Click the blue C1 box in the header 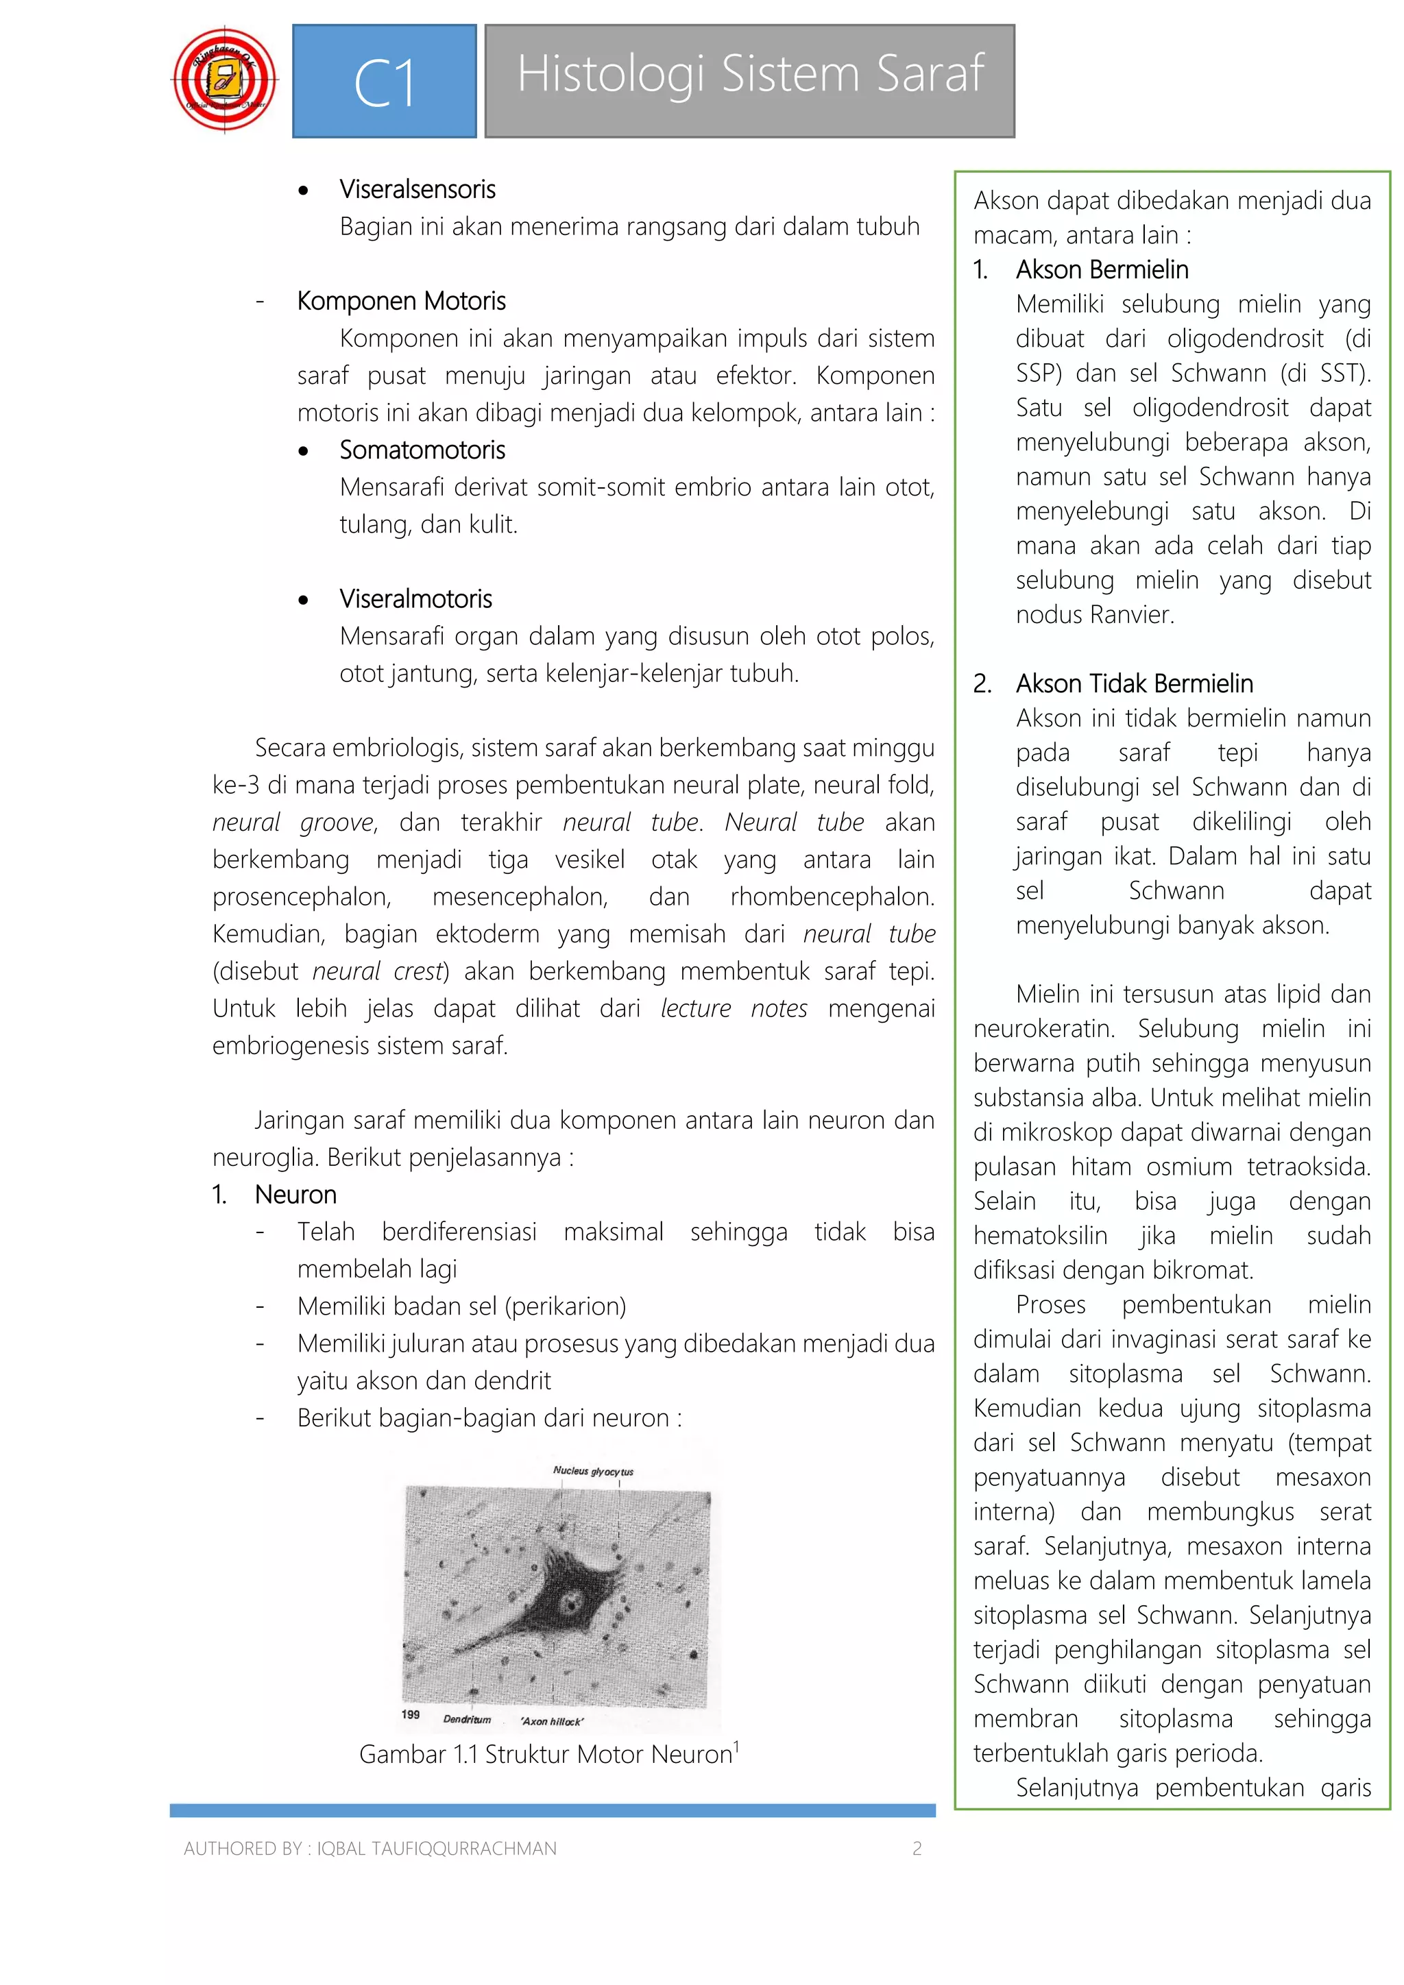[385, 82]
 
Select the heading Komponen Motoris [401, 301]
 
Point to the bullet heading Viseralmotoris [416, 598]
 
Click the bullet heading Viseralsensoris [417, 189]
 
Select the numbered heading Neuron [295, 1194]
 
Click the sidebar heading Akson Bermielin [1102, 270]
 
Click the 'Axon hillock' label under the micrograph [553, 1720]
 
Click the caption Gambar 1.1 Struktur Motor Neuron [546, 1754]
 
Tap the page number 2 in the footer [917, 1849]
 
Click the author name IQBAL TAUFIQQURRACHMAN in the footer [437, 1849]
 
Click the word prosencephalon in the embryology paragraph [301, 897]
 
